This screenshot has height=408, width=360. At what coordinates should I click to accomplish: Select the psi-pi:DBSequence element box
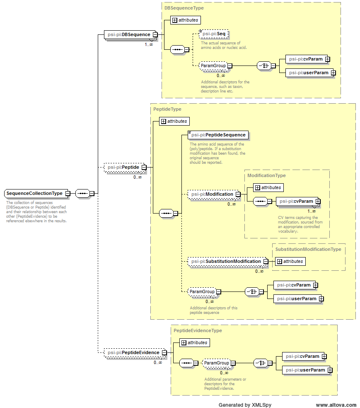pyautogui.click(x=128, y=34)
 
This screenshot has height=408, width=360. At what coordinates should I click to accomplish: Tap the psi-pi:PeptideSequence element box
pyautogui.click(x=218, y=135)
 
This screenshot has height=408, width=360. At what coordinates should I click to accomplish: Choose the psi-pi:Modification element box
pyautogui.click(x=212, y=194)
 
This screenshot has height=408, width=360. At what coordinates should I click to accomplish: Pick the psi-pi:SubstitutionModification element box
pyautogui.click(x=225, y=261)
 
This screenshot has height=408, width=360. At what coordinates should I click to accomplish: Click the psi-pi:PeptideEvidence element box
pyautogui.click(x=133, y=352)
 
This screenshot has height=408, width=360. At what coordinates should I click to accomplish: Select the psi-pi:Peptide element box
pyautogui.click(x=123, y=168)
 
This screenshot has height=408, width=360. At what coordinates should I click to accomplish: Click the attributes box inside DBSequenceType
pyautogui.click(x=185, y=20)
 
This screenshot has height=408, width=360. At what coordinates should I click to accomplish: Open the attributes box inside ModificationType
pyautogui.click(x=268, y=187)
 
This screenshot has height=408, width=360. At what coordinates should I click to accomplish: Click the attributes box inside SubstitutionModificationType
pyautogui.click(x=290, y=261)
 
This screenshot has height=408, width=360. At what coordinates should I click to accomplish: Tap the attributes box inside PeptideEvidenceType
pyautogui.click(x=194, y=342)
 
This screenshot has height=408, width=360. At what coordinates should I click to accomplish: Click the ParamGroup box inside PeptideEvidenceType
pyautogui.click(x=216, y=363)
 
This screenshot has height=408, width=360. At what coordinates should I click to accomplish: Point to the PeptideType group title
pyautogui.click(x=167, y=109)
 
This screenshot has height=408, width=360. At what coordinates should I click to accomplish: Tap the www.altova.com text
pyautogui.click(x=336, y=405)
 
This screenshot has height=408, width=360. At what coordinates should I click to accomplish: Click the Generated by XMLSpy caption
pyautogui.click(x=245, y=405)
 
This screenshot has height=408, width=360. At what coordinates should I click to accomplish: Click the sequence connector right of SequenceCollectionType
pyautogui.click(x=82, y=193)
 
